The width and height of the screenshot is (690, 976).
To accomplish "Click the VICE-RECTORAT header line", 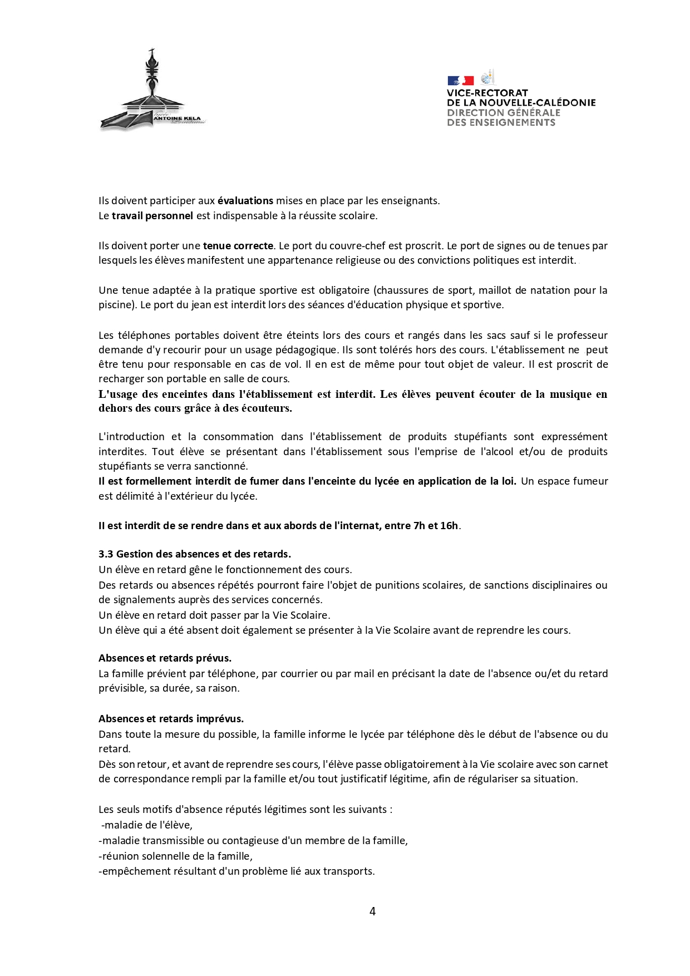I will [x=487, y=93].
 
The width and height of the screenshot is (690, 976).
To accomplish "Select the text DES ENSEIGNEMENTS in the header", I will [x=501, y=122].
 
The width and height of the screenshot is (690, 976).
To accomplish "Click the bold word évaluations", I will [x=245, y=201].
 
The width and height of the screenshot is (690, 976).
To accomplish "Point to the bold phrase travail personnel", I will [x=152, y=216].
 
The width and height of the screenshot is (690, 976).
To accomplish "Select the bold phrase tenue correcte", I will [x=238, y=245].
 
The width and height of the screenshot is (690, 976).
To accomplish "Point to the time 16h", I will [x=449, y=525].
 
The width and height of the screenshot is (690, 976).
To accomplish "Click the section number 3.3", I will [x=106, y=554].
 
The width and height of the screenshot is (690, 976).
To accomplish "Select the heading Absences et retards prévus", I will [x=165, y=658].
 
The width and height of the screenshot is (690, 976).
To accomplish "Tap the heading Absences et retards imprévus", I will [x=171, y=719].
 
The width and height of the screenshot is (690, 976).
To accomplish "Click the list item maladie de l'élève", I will [x=147, y=825].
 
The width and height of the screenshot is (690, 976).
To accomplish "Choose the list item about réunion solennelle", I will [x=176, y=856].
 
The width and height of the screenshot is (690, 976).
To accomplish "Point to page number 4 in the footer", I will [x=372, y=911].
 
